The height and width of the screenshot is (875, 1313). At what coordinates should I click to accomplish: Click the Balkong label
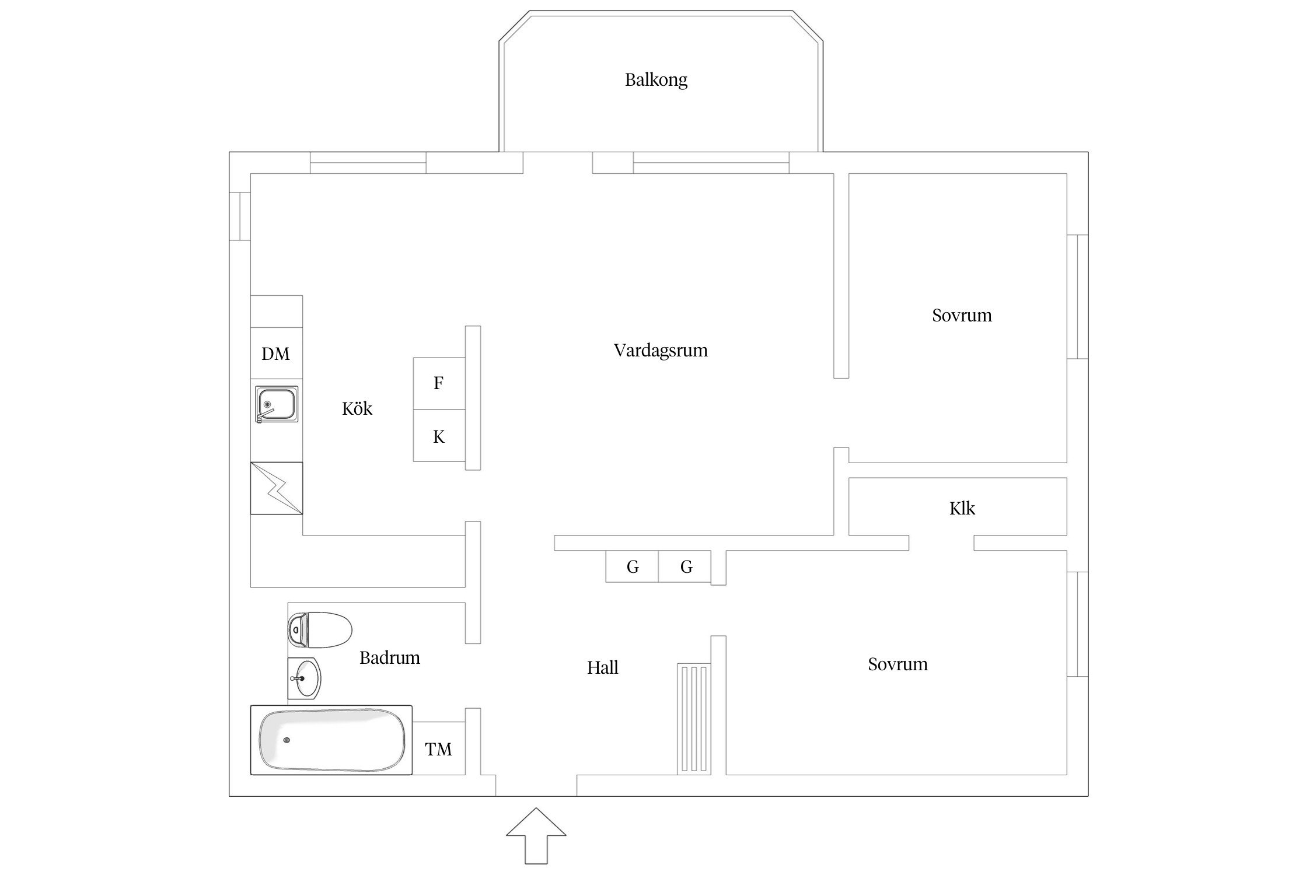click(x=656, y=80)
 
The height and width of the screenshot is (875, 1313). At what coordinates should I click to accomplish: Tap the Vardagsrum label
click(x=661, y=351)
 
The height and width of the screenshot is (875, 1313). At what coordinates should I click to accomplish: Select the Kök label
click(x=357, y=408)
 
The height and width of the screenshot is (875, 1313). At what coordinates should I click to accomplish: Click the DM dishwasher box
click(x=276, y=353)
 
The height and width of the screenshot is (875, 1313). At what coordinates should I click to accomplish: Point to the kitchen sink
click(x=277, y=404)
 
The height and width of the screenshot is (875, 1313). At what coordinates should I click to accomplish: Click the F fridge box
click(x=439, y=383)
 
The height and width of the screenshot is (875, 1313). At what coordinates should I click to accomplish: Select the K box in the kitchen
click(x=439, y=436)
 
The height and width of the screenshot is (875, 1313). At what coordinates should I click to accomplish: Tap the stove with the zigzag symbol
click(x=277, y=488)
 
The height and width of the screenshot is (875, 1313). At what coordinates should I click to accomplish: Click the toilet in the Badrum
click(x=320, y=630)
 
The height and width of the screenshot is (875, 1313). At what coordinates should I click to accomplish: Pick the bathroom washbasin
click(x=304, y=678)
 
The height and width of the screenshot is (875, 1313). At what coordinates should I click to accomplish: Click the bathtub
click(x=331, y=740)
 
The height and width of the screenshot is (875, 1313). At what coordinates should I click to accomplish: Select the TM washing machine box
click(x=438, y=748)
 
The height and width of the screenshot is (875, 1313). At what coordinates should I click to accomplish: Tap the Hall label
click(x=602, y=667)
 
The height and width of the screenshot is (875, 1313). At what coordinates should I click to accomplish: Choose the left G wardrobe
click(x=632, y=566)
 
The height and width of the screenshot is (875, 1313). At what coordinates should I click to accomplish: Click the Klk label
click(x=962, y=509)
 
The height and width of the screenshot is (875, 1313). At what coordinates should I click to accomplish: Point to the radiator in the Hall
click(x=694, y=719)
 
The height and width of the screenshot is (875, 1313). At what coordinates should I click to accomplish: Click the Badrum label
click(x=389, y=658)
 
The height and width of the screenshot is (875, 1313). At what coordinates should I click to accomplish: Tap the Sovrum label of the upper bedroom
click(x=962, y=316)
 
